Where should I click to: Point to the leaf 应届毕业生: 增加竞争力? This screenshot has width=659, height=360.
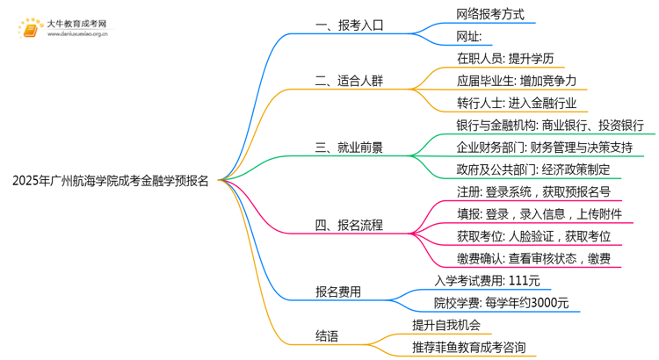click(x=517, y=81)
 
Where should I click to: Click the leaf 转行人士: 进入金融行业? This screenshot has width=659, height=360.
click(x=517, y=104)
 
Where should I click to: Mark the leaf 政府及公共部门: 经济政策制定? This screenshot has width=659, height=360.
click(x=532, y=169)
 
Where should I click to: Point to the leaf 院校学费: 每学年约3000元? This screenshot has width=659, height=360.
click(x=501, y=303)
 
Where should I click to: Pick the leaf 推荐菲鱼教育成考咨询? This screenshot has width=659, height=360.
click(x=474, y=348)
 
